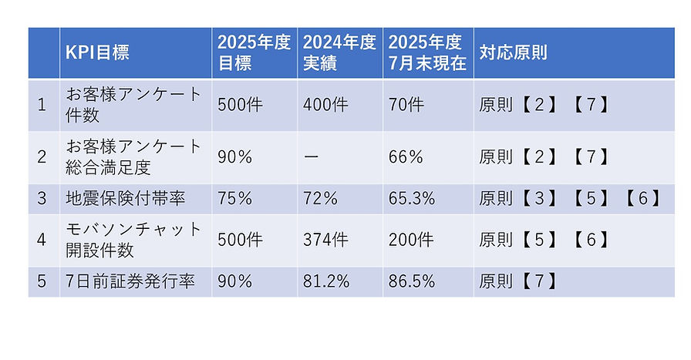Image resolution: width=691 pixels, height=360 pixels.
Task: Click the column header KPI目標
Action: click(x=97, y=53)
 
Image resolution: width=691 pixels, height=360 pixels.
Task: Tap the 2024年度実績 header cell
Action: click(x=339, y=53)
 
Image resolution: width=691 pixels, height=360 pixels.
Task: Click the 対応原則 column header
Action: click(x=513, y=53)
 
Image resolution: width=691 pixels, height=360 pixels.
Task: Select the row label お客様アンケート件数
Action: click(x=133, y=104)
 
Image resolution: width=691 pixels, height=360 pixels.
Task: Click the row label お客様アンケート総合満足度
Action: click(x=133, y=156)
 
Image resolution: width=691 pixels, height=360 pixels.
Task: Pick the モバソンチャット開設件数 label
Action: click(x=133, y=240)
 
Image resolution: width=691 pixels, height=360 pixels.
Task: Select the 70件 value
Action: click(x=406, y=105)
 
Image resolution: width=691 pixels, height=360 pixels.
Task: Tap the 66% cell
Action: click(x=406, y=157)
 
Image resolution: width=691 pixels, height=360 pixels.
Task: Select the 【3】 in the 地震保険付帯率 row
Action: click(x=539, y=198)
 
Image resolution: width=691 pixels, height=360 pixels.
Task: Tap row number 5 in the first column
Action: click(x=42, y=282)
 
